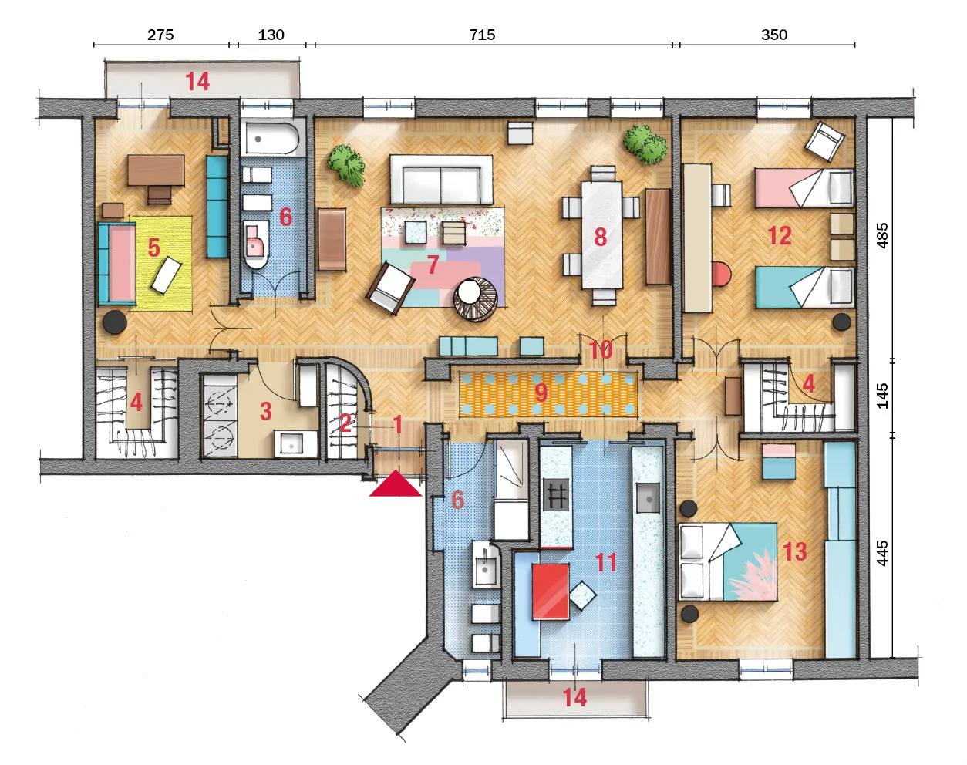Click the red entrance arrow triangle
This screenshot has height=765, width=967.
coord(396,484)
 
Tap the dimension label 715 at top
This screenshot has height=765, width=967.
coord(482,35)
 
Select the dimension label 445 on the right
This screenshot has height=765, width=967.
coord(882,553)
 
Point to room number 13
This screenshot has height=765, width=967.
coord(794,551)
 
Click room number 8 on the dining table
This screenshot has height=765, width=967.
coord(601,237)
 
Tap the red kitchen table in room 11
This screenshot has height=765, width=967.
coord(551,592)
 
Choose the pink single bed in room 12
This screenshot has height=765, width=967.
coord(804,188)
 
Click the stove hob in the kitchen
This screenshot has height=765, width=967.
coord(556,494)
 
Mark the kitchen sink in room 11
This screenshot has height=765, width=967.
coord(648,498)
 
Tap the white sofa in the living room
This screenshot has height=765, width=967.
coord(441,180)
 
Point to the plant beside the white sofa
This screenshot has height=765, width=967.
coord(345,163)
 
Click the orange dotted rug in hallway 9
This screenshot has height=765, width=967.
coord(548,394)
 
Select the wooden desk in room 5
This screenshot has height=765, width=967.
coord(156,170)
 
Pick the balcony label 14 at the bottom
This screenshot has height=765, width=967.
coord(574,698)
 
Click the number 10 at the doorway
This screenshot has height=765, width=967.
coord(601,349)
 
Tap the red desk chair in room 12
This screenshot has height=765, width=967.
coord(721,275)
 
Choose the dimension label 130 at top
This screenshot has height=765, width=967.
coord(271,35)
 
